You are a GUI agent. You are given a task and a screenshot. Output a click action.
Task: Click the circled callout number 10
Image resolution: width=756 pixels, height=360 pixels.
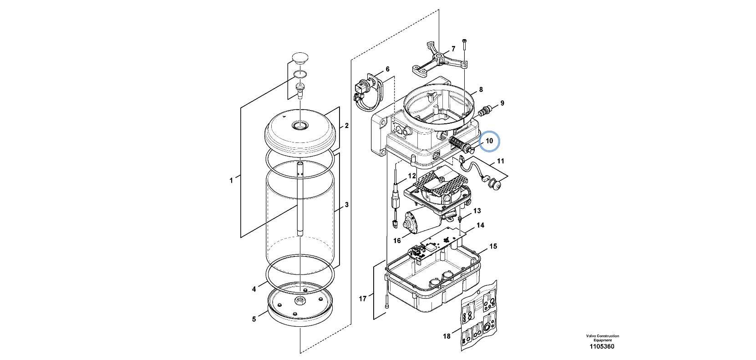489,141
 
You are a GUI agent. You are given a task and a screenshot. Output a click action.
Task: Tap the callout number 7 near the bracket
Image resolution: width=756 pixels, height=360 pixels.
453,49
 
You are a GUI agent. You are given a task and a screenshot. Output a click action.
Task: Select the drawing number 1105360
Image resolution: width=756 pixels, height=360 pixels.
602,346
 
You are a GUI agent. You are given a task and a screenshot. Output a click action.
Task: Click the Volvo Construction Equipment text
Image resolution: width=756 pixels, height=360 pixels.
602,338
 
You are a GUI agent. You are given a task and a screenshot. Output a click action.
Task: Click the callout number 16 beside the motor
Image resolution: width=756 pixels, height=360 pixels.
397,240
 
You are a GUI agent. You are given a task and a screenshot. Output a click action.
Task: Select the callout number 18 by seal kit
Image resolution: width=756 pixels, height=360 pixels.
446,336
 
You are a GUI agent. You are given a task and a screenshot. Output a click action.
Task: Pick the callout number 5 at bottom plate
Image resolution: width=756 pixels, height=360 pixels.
254,319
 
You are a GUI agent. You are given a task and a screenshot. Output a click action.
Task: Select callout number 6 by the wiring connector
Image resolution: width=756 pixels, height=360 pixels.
387,69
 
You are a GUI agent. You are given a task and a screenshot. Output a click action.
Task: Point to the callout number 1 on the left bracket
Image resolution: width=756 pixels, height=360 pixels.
231,181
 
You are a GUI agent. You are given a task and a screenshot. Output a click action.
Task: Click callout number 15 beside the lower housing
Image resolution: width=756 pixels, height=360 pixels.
493,246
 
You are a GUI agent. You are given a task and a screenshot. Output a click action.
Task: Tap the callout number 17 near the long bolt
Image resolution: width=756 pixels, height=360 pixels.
362,299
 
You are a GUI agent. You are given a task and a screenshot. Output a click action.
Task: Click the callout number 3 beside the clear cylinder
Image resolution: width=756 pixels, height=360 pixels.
346,205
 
